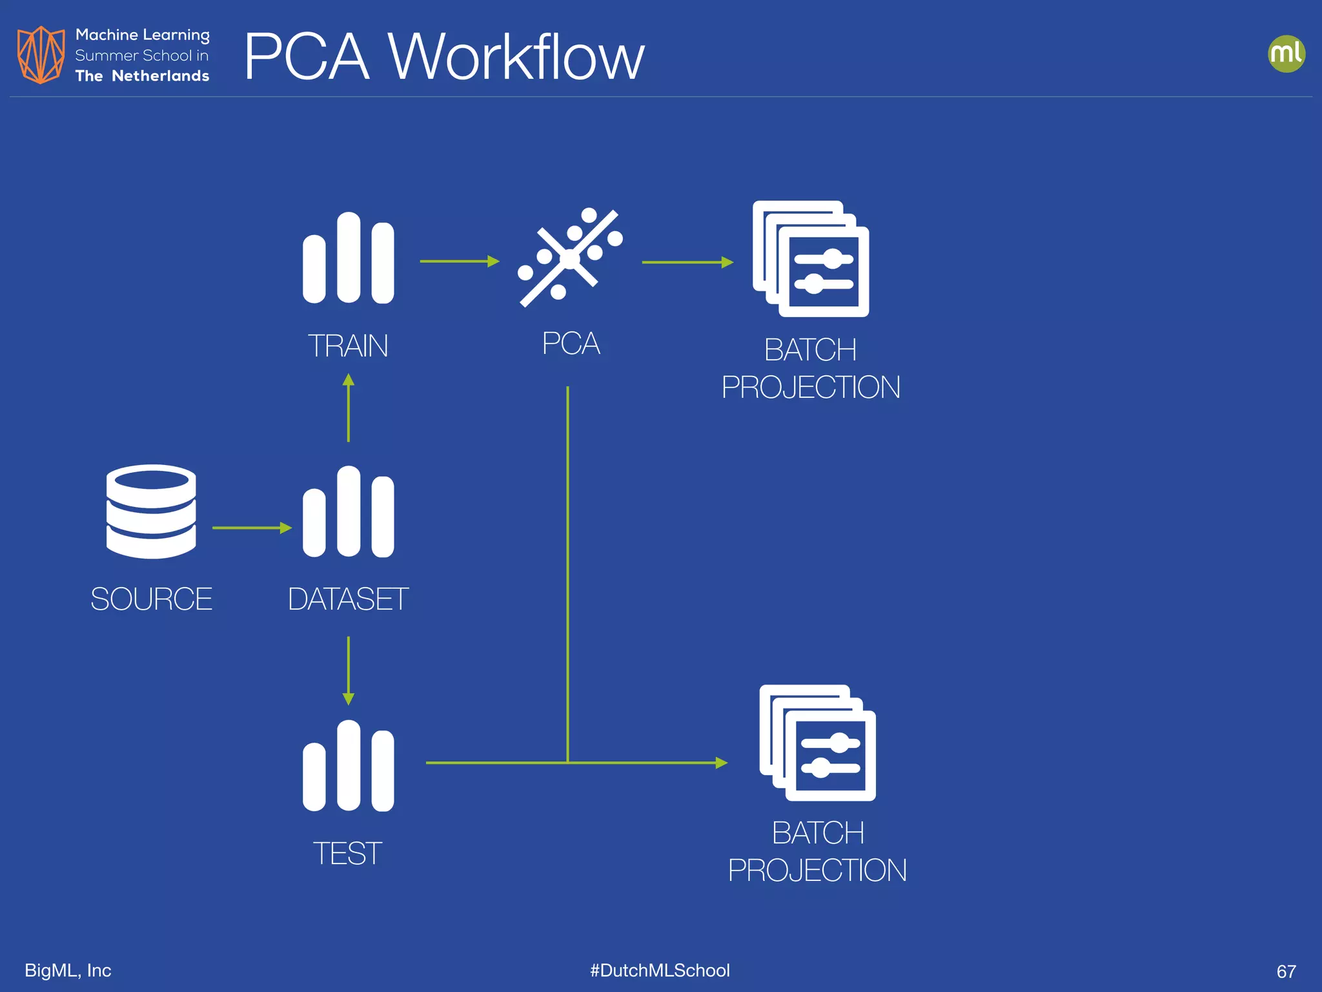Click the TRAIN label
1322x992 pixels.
(x=348, y=346)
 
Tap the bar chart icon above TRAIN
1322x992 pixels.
(x=348, y=258)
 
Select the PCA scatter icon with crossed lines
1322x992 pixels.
(x=570, y=258)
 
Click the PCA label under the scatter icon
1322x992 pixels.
(x=571, y=344)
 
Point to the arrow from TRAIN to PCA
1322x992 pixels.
(x=459, y=261)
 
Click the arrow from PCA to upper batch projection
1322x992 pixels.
(x=687, y=262)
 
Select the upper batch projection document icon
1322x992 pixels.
(x=811, y=259)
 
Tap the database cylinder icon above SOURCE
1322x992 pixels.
(x=151, y=512)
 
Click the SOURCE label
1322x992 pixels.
(x=151, y=599)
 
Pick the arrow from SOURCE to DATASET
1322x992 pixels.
(x=252, y=528)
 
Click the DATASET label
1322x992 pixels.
(x=348, y=599)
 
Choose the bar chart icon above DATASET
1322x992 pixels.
(x=348, y=512)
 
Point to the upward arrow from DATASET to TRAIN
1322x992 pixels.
(x=349, y=408)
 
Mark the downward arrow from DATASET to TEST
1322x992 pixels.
(x=349, y=670)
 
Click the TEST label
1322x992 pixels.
(x=347, y=854)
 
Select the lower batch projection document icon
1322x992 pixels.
(x=817, y=743)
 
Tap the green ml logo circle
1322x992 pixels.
(x=1286, y=54)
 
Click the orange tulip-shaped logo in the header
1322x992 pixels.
(x=41, y=55)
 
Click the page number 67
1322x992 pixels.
(x=1286, y=971)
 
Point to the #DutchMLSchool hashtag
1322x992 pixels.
(x=660, y=970)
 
